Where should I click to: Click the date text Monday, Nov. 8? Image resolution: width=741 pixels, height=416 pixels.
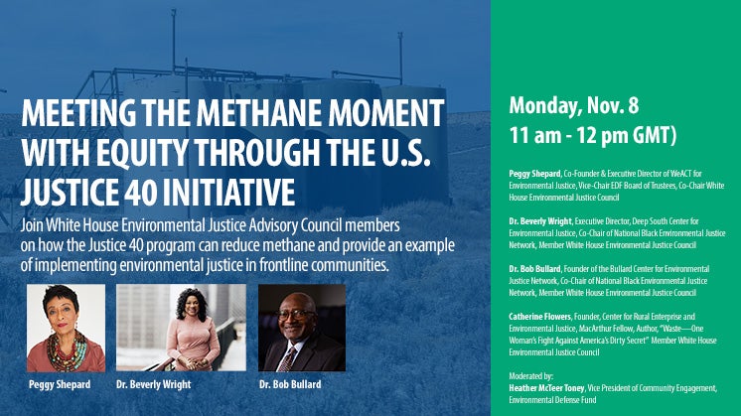tap(574, 106)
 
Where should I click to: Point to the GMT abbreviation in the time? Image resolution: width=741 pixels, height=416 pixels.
tap(655, 135)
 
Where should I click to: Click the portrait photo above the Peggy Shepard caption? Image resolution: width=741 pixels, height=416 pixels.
tap(67, 328)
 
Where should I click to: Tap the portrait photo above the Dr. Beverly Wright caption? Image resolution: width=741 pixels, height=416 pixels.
tap(181, 328)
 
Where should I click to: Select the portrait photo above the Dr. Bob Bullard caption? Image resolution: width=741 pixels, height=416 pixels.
tap(302, 328)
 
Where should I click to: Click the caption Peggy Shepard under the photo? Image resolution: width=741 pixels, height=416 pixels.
tap(60, 384)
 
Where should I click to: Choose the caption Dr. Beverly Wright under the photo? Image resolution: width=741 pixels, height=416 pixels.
tap(154, 384)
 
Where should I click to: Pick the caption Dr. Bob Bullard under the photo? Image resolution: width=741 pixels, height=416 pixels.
tap(290, 384)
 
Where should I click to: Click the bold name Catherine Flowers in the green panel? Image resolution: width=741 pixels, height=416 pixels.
tap(540, 317)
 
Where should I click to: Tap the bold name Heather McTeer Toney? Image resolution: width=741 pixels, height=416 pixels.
tap(546, 388)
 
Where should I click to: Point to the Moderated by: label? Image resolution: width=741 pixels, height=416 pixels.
tap(530, 376)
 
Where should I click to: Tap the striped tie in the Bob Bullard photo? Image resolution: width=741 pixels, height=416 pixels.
tap(286, 359)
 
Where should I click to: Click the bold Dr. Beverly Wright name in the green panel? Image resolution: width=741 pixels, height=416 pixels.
tap(541, 221)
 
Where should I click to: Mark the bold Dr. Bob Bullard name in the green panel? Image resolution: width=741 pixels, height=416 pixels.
tap(535, 269)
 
